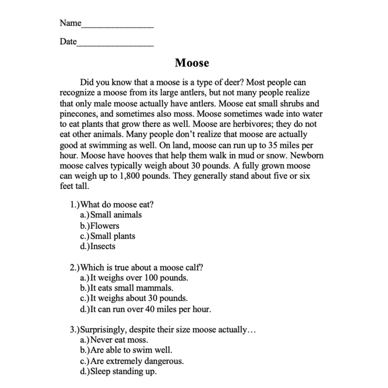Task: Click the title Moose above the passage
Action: click(192, 63)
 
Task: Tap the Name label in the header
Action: click(70, 23)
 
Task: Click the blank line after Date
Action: click(115, 45)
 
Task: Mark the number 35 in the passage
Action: click(273, 145)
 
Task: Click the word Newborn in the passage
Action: click(307, 156)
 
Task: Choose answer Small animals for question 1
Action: click(116, 215)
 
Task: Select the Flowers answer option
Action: click(105, 226)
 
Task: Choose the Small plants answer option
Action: click(113, 236)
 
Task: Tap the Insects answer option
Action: click(103, 246)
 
